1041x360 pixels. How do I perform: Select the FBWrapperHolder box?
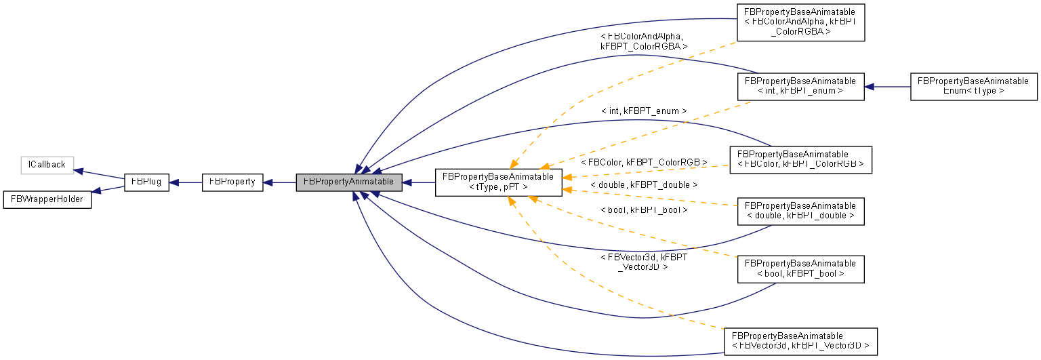(x=47, y=199)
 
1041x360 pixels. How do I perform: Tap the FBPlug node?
(x=146, y=182)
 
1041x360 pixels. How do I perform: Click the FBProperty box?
(x=232, y=182)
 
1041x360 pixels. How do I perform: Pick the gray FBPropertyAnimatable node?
(x=349, y=182)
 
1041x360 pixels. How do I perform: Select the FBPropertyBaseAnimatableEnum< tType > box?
(x=973, y=86)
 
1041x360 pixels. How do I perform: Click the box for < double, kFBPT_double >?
(x=800, y=211)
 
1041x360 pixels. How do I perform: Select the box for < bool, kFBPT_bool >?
(x=800, y=268)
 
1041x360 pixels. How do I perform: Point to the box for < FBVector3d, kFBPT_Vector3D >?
(x=800, y=341)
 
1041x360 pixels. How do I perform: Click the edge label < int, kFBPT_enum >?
(x=644, y=111)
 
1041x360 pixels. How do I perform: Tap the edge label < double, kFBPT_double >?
(x=644, y=184)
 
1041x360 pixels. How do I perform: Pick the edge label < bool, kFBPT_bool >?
(x=644, y=210)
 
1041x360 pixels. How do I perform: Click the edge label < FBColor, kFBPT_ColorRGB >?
(x=644, y=163)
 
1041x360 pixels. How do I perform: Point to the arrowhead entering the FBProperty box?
(x=268, y=182)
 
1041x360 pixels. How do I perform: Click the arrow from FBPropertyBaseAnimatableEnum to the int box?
(x=888, y=87)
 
